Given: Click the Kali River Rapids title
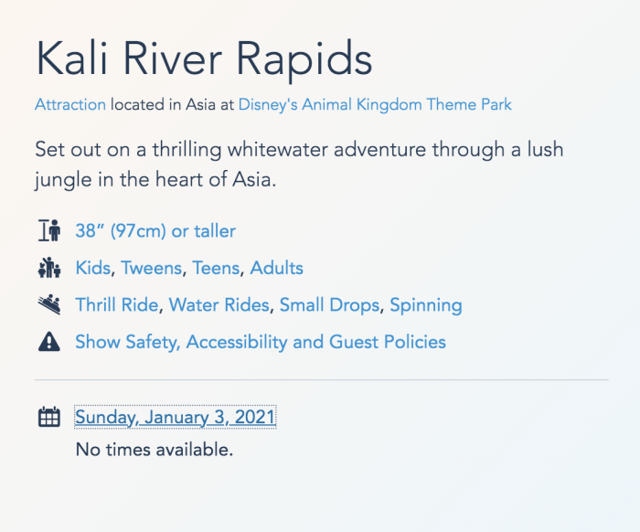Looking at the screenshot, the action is tap(204, 59).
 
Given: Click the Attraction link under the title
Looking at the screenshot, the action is tap(70, 104).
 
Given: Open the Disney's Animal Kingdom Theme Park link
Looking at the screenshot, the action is tap(375, 104).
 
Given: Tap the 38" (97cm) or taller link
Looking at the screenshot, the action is tap(155, 231).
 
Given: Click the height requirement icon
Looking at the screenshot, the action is tap(49, 230).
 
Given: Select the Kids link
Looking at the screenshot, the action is tap(93, 268).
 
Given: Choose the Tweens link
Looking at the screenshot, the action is tap(152, 268).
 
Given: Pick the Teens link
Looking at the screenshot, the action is tap(216, 268).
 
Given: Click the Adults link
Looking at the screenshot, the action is tap(276, 268).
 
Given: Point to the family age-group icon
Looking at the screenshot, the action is tap(49, 268).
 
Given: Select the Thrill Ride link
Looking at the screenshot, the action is tap(117, 305).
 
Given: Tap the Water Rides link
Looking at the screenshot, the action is tap(219, 305).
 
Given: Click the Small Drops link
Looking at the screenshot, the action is tap(330, 305).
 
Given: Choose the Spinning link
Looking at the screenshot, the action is tap(426, 305).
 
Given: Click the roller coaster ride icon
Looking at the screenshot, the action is tap(49, 304).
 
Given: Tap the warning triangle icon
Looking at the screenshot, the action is tap(49, 342).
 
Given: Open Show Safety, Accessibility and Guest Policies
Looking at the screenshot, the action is tap(261, 342).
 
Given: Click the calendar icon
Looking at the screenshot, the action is tap(49, 417).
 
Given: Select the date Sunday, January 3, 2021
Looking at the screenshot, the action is tap(176, 418).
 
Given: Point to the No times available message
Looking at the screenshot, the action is tap(155, 450).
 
